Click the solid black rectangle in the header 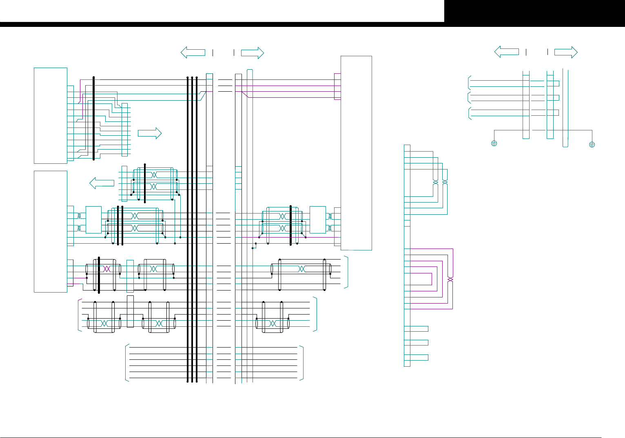(534, 11)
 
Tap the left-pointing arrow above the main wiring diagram (193, 53)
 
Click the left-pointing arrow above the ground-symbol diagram (506, 52)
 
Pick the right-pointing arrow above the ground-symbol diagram (566, 52)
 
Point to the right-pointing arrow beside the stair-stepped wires (150, 133)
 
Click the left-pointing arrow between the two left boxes (102, 183)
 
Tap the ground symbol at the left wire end (494, 144)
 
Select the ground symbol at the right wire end (592, 145)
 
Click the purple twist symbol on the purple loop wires (450, 279)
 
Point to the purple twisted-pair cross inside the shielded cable (107, 269)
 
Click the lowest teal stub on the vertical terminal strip (416, 357)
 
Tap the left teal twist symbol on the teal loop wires (435, 182)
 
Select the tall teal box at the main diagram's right (356, 153)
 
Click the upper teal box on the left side (50, 116)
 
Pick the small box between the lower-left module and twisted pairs (93, 220)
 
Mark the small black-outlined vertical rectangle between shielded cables (130, 312)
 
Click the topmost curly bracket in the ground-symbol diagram (470, 83)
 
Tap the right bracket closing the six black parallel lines (302, 363)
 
